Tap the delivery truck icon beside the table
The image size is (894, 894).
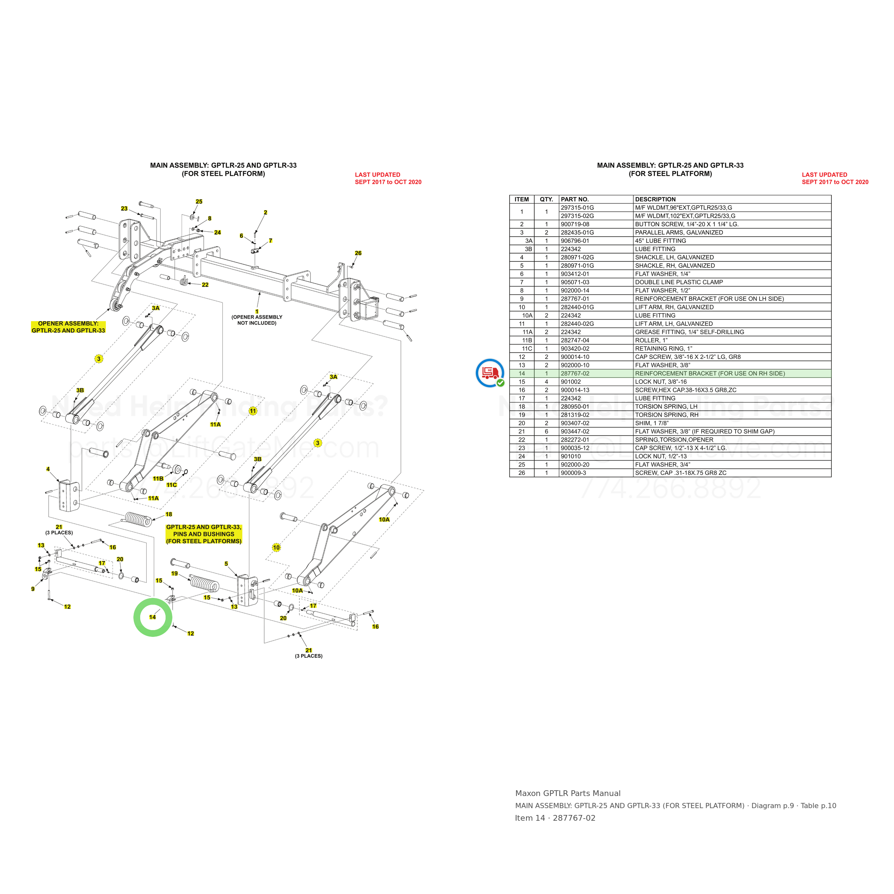(x=490, y=373)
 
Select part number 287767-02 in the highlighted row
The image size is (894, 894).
(x=575, y=373)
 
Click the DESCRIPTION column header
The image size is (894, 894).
(x=655, y=200)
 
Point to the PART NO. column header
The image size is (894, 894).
(x=575, y=200)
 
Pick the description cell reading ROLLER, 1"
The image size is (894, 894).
(x=651, y=340)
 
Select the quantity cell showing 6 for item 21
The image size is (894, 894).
(x=546, y=431)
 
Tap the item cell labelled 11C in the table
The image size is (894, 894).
(x=527, y=348)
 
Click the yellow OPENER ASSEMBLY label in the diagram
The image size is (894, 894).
(x=69, y=327)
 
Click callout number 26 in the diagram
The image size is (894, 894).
(x=358, y=253)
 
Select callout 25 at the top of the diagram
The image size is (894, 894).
(x=199, y=202)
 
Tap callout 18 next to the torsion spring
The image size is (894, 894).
(x=169, y=515)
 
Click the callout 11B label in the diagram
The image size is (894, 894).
(x=158, y=479)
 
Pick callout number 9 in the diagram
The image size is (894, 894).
(x=33, y=589)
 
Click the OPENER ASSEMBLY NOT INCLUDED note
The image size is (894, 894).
(x=257, y=320)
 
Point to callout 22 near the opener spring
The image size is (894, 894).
(x=205, y=285)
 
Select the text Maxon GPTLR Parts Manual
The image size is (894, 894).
(x=568, y=793)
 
